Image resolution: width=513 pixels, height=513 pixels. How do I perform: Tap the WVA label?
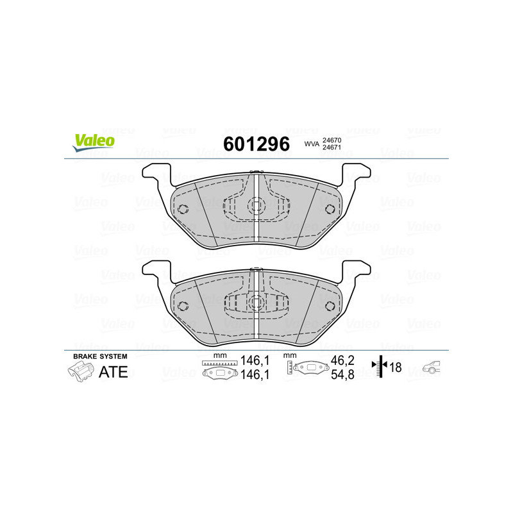(x=312, y=145)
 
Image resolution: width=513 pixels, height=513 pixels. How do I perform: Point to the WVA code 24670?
(x=331, y=140)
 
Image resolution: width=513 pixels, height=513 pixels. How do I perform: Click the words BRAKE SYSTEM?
(x=100, y=356)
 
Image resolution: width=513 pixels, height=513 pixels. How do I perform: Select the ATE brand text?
(x=113, y=372)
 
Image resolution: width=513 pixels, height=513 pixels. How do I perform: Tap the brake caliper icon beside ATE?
(x=80, y=371)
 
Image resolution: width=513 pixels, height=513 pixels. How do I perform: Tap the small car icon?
(x=432, y=367)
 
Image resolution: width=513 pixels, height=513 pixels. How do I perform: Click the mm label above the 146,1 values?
(x=220, y=355)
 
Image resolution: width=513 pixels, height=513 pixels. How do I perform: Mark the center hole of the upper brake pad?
(x=256, y=206)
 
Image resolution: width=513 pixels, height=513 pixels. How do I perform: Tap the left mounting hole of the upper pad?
(x=182, y=209)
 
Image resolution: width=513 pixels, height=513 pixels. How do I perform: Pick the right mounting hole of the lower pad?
(x=330, y=305)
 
